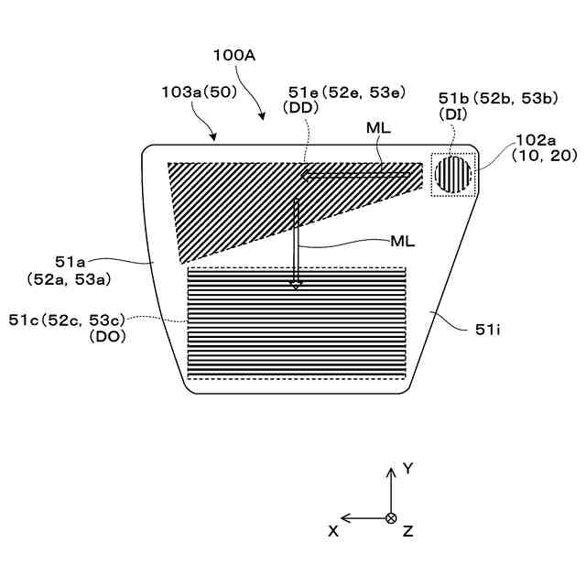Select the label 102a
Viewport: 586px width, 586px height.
(537, 140)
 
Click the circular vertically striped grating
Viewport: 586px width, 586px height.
(452, 173)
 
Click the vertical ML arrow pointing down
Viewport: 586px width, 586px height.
(296, 242)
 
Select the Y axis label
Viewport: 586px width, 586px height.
(408, 469)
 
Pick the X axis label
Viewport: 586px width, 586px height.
(333, 530)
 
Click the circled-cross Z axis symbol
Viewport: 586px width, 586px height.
(391, 518)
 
